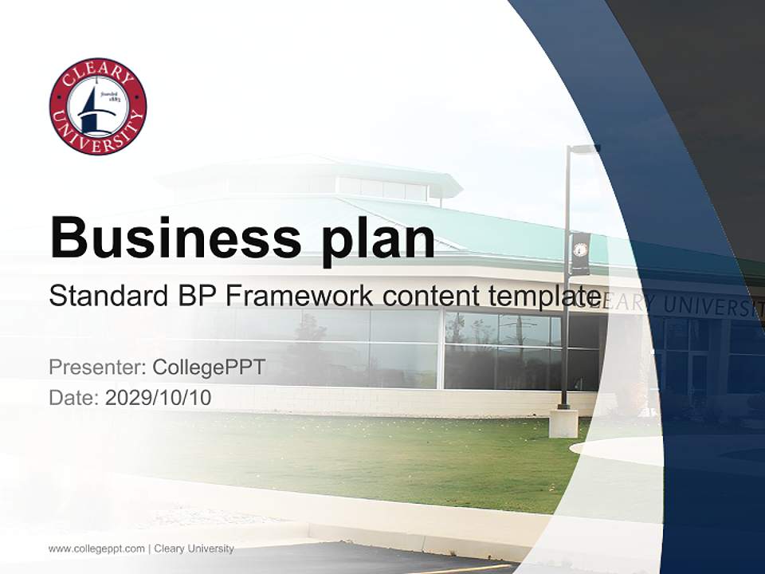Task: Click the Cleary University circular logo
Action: pos(98,106)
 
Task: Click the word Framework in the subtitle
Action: pos(299,296)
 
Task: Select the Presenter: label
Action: pos(96,368)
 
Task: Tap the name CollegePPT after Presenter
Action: pos(208,368)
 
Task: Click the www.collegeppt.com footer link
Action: pos(96,548)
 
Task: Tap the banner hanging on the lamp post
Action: pos(580,254)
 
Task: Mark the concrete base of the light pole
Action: pos(563,423)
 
